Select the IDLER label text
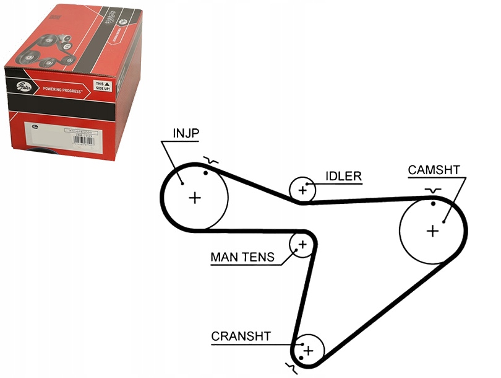(x=343, y=176)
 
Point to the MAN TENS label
(x=242, y=257)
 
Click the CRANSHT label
(x=241, y=336)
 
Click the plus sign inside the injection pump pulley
(x=195, y=198)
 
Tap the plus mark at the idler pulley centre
(x=302, y=190)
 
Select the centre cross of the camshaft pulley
(x=432, y=231)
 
